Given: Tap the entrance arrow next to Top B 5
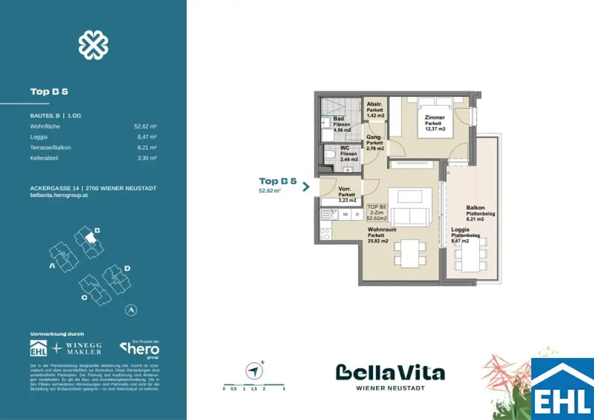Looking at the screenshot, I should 306,186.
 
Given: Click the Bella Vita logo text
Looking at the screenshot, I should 390,373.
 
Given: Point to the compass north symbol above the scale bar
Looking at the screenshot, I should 253,370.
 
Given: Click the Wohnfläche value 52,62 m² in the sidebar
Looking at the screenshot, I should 145,126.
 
